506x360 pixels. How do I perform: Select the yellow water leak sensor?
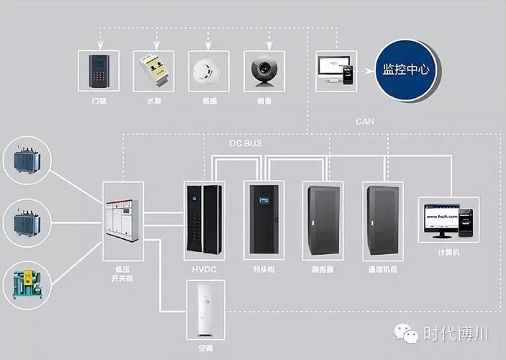(153, 70)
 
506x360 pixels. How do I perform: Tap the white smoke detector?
(206, 70)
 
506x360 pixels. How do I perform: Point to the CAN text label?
(365, 122)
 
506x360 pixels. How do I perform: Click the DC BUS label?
(245, 143)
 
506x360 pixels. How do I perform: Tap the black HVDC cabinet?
(202, 220)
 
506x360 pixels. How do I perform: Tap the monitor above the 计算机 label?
(438, 218)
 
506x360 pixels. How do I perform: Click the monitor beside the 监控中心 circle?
(332, 68)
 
